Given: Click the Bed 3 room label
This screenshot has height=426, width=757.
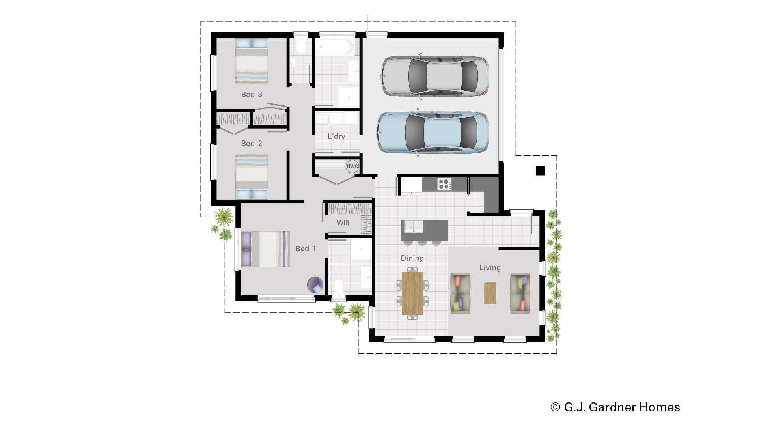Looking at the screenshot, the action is [x=252, y=94].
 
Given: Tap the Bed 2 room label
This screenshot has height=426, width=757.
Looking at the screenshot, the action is [x=252, y=143].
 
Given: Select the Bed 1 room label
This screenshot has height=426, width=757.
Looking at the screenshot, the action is [x=306, y=248].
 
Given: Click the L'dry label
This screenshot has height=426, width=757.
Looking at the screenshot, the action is [x=336, y=136].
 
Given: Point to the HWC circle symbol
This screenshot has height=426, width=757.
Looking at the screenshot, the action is [x=352, y=166].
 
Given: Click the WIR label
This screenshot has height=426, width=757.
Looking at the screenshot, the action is [x=343, y=223].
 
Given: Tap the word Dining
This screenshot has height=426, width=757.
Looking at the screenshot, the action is [x=412, y=258].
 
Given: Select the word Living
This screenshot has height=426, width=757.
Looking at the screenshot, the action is [x=490, y=267].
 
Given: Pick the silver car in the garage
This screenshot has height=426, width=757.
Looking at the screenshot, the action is [x=435, y=76].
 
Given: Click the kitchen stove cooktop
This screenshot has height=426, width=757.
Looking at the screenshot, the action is [x=444, y=184].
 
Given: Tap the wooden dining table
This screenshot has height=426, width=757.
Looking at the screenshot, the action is [x=412, y=293].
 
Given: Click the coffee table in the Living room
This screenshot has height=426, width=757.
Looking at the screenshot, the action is [x=490, y=293].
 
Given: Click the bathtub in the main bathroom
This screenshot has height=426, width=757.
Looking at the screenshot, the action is [x=336, y=47].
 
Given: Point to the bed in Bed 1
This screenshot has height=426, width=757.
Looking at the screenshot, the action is [x=266, y=249].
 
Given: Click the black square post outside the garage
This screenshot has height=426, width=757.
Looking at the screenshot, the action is [x=540, y=171].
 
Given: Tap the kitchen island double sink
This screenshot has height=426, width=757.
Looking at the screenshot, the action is [x=412, y=226].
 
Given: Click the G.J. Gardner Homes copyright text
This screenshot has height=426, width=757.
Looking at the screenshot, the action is [x=615, y=407].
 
